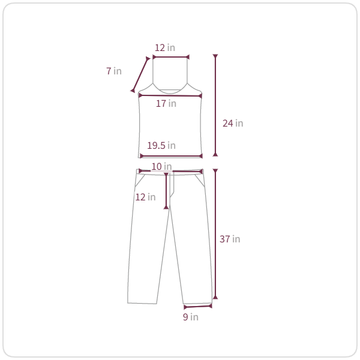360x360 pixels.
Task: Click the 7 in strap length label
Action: pyautogui.click(x=114, y=71)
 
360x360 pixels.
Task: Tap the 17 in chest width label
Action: pyautogui.click(x=166, y=104)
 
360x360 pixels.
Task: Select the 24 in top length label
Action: pyautogui.click(x=233, y=123)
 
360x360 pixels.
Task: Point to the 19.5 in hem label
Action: pyautogui.click(x=161, y=145)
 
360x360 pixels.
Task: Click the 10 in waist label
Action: pyautogui.click(x=161, y=166)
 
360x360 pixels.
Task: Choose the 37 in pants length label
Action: pyautogui.click(x=230, y=239)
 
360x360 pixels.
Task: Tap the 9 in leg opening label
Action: pyautogui.click(x=191, y=317)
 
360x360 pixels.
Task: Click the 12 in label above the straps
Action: pyautogui.click(x=165, y=48)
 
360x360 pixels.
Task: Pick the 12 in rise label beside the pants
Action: pyautogui.click(x=145, y=197)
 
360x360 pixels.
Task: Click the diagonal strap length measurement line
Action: pyautogui.click(x=140, y=74)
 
